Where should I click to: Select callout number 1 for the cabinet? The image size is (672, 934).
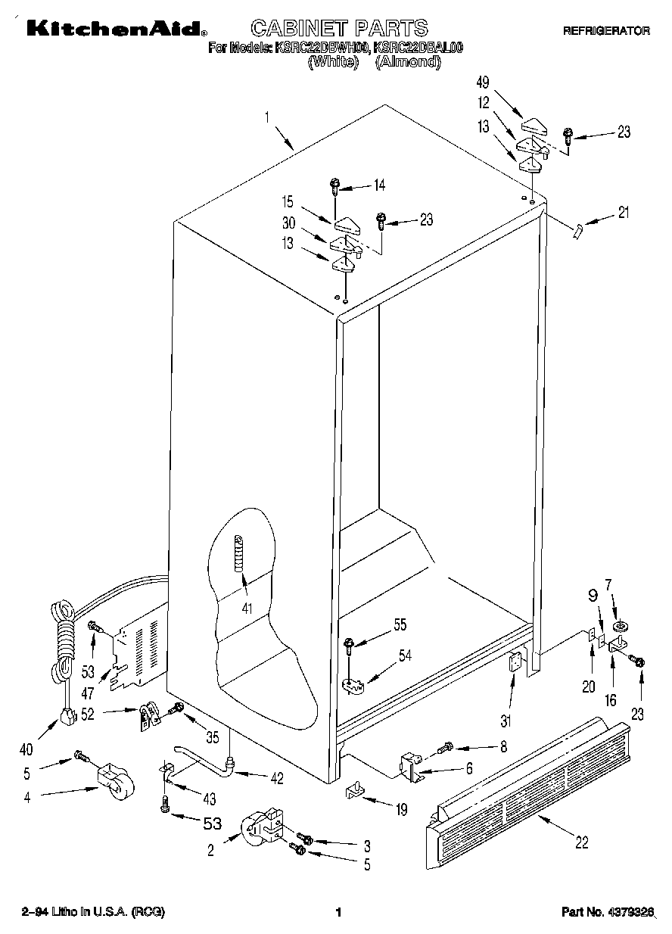point(267,117)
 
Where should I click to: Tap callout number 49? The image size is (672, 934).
point(482,83)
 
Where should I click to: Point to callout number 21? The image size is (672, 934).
point(623,213)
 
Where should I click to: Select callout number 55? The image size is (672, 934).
point(400,624)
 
